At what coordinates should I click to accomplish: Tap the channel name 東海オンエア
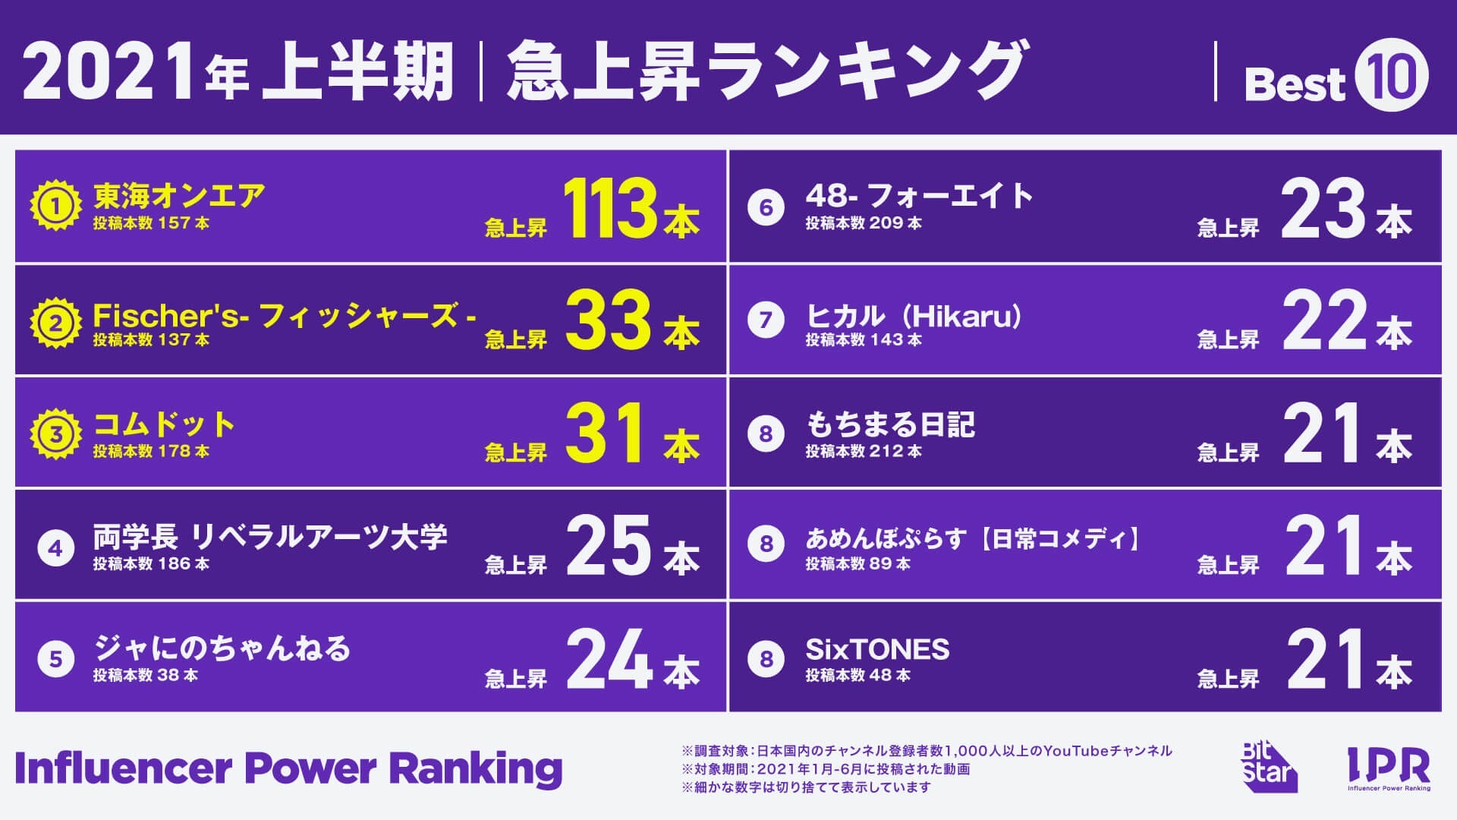pos(179,196)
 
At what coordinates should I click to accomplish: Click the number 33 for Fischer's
pos(608,321)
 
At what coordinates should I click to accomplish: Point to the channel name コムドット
pos(164,424)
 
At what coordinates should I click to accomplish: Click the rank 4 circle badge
pos(55,548)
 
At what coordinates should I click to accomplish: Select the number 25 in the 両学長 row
pos(608,545)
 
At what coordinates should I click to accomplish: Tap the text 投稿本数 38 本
pos(146,675)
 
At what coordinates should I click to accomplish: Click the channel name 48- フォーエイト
pos(919,196)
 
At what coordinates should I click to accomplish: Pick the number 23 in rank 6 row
pos(1323,209)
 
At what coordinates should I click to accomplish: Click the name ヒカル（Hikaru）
pos(914,316)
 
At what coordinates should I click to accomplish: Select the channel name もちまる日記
pos(890,424)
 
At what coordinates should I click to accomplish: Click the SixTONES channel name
pos(877,649)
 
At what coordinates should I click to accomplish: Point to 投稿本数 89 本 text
pos(858,563)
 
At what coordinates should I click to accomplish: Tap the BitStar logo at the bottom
pos(1267,767)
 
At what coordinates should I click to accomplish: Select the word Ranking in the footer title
pos(475,768)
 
